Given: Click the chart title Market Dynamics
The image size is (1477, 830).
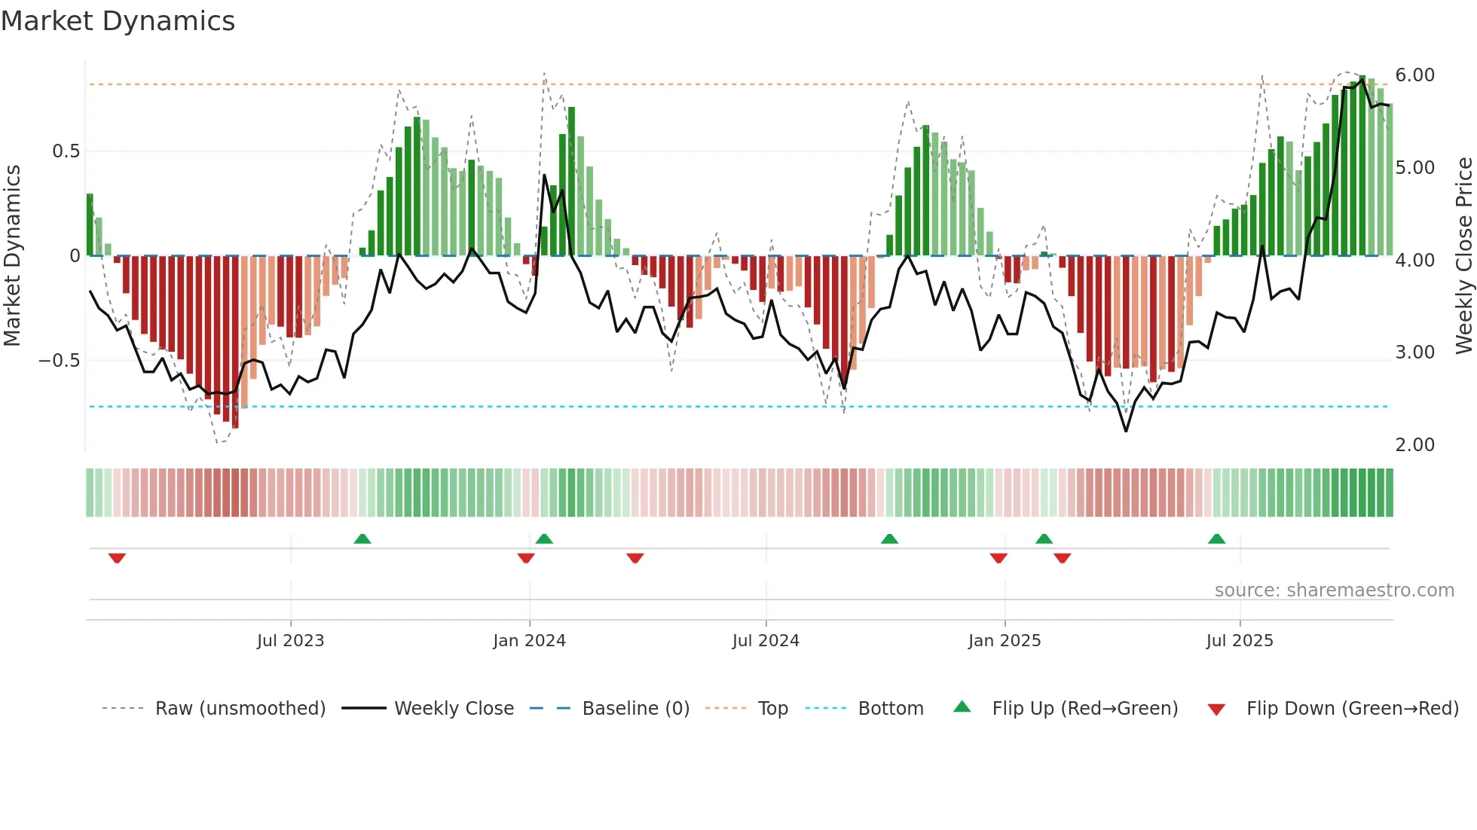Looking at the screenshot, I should pyautogui.click(x=118, y=21).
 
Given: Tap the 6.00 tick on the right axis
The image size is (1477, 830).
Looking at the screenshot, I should pyautogui.click(x=1414, y=75).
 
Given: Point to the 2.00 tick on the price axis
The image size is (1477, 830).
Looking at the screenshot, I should pyautogui.click(x=1414, y=445).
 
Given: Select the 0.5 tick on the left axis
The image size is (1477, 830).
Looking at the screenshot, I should pyautogui.click(x=66, y=151).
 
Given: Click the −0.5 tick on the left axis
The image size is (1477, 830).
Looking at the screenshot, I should pyautogui.click(x=60, y=361).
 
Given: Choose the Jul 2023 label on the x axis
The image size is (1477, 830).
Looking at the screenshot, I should pyautogui.click(x=290, y=641).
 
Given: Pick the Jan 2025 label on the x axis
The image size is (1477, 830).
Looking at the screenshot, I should pyautogui.click(x=1004, y=641).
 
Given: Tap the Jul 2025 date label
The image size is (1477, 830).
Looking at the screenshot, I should pyautogui.click(x=1239, y=641).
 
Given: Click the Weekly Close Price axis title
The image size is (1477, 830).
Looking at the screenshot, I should pyautogui.click(x=1463, y=256).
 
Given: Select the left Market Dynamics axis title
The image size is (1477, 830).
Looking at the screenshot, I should pyautogui.click(x=12, y=256).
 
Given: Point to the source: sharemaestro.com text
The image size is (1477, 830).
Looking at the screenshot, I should pyautogui.click(x=1334, y=590).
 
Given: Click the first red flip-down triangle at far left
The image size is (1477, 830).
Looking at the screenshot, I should pyautogui.click(x=117, y=558).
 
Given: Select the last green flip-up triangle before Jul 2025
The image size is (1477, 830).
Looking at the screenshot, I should pyautogui.click(x=1216, y=539).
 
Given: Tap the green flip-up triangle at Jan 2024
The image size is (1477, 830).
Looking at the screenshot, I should pyautogui.click(x=544, y=539).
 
